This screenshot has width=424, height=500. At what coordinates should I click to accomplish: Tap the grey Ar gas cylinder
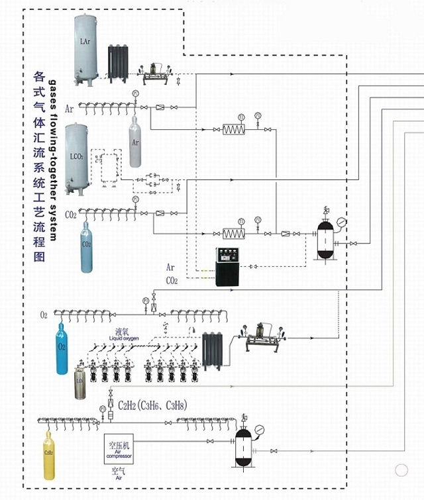pos(135,142)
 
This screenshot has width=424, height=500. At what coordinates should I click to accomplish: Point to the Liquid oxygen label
pos(125,334)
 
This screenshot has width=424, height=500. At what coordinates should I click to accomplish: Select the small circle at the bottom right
pos(401,470)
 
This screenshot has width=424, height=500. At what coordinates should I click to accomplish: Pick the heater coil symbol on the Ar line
pos(233,128)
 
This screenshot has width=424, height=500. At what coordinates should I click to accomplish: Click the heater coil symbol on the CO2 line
pos(233,234)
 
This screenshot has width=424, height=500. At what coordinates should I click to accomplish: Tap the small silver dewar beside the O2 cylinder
pos(80,385)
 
